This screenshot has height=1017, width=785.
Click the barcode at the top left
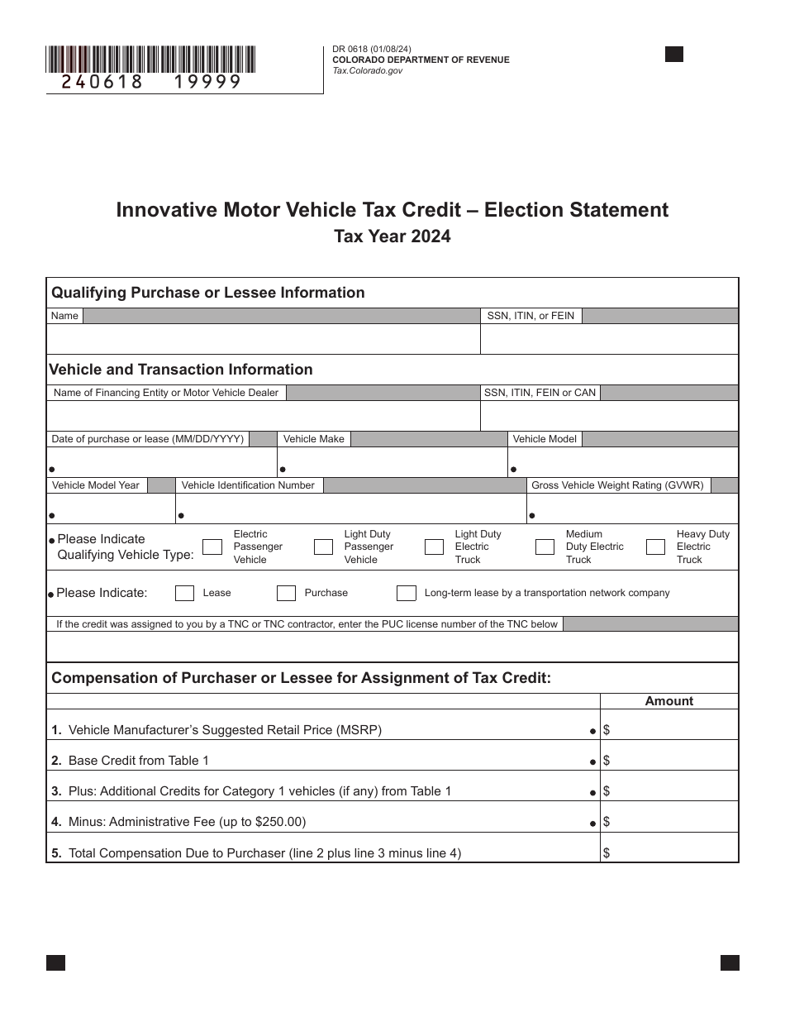tap(150, 60)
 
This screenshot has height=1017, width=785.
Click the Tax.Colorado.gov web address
tap(368, 72)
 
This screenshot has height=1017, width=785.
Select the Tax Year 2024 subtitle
tap(392, 236)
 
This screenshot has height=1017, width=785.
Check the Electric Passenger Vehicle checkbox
tap(212, 547)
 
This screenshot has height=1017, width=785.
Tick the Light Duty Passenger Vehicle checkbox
tap(323, 547)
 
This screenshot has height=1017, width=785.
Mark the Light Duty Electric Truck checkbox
tap(434, 547)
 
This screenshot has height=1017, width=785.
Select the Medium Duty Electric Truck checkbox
tap(545, 547)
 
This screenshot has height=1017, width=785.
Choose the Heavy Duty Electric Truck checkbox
tap(655, 547)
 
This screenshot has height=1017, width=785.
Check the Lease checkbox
tap(185, 593)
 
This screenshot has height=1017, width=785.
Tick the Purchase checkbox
tap(286, 593)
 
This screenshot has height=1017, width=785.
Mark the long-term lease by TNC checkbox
tap(406, 593)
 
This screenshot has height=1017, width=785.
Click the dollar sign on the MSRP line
tap(607, 730)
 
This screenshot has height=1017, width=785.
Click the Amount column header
tap(668, 701)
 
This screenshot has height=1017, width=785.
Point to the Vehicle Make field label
tap(313, 439)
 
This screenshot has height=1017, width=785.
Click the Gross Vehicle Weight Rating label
tap(617, 485)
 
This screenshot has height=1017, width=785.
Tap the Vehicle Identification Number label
tap(248, 485)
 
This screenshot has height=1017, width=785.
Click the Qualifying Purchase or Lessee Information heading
tap(208, 293)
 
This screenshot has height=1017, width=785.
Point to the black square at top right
tap(674, 55)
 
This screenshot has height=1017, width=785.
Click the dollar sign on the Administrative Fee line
tap(607, 822)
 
